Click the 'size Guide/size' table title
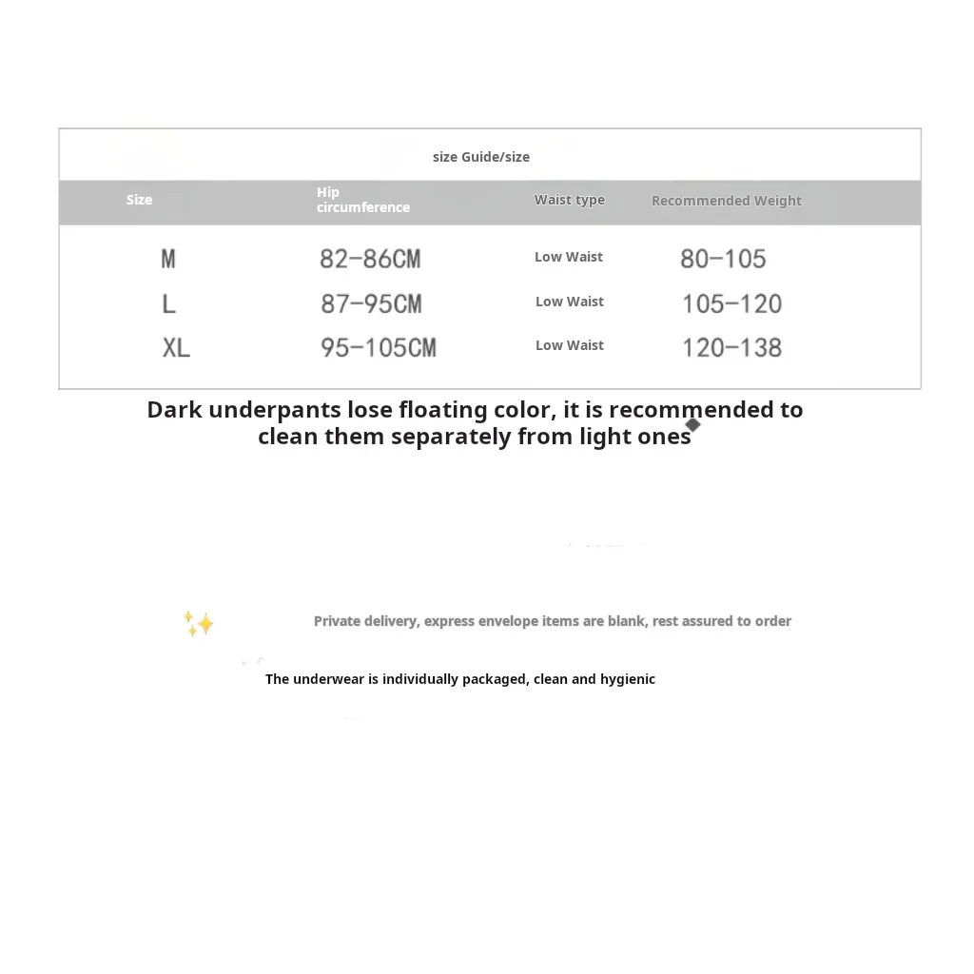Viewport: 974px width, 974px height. coord(480,157)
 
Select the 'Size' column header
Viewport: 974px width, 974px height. coord(139,200)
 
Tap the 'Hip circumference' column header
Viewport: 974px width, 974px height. coord(362,200)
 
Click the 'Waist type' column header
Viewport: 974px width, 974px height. coord(569,200)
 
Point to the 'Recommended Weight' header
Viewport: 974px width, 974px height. coord(726,201)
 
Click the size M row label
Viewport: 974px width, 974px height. coord(168,259)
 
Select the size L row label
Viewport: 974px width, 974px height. coord(168,303)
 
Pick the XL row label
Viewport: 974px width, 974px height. coord(176,347)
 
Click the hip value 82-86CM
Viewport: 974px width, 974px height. coord(370,259)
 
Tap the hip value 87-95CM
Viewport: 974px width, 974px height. coord(371,303)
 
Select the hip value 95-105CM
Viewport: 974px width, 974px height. coord(378,347)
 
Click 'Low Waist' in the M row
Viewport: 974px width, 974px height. coord(569,257)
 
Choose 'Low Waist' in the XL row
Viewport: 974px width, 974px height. coord(569,345)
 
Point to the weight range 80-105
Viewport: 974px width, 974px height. coord(723,259)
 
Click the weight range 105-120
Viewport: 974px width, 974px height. coord(731,303)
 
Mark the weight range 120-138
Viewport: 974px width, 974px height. coord(731,347)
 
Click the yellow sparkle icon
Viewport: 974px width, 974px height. coord(199,623)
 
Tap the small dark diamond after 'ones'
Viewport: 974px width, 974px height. coord(692,424)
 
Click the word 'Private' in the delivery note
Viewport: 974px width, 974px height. coord(338,621)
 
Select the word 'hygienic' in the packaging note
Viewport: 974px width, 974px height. coord(628,679)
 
